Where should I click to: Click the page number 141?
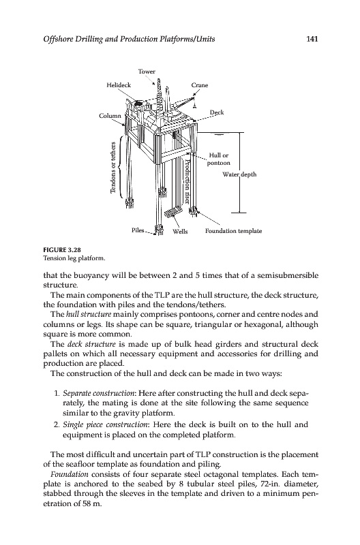(x=312, y=39)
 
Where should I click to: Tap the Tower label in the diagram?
(x=147, y=72)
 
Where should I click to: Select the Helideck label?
(x=119, y=84)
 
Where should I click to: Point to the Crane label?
(x=200, y=85)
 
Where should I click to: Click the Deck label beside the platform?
(x=217, y=112)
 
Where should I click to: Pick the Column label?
(x=110, y=116)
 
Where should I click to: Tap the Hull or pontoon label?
(x=219, y=159)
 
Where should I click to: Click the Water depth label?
(x=239, y=174)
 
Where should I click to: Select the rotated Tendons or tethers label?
(x=112, y=167)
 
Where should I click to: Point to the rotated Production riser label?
(x=187, y=181)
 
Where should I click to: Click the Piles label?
(x=138, y=230)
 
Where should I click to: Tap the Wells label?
(x=180, y=232)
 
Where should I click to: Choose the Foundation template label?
(x=233, y=231)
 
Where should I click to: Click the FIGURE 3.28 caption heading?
(x=59, y=249)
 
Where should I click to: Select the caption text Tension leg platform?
(x=74, y=258)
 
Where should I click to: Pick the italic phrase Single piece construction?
(x=106, y=424)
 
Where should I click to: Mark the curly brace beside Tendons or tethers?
(x=120, y=167)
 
